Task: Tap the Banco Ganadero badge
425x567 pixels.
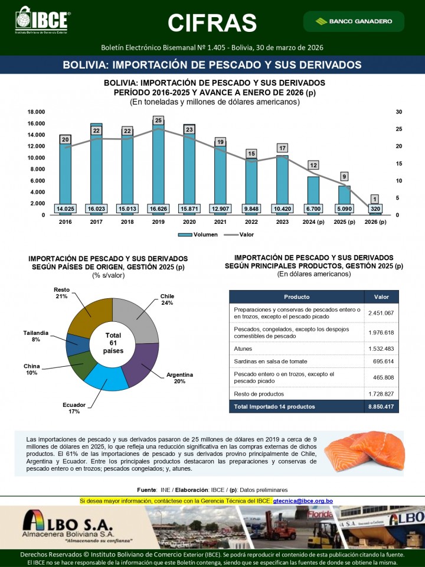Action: pyautogui.click(x=354, y=21)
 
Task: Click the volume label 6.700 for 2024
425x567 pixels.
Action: pyautogui.click(x=312, y=208)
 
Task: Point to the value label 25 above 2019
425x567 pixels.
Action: pyautogui.click(x=158, y=120)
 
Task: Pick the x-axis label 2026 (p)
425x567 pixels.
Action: pyautogui.click(x=374, y=222)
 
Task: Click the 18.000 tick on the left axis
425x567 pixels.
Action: pyautogui.click(x=37, y=112)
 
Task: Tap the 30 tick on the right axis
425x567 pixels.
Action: pyautogui.click(x=399, y=112)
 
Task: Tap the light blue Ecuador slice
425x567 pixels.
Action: pyautogui.click(x=106, y=377)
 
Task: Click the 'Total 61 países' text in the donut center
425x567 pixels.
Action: pyautogui.click(x=112, y=343)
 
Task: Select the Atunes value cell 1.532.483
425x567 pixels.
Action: pyautogui.click(x=381, y=348)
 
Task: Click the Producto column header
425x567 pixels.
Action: pyautogui.click(x=296, y=296)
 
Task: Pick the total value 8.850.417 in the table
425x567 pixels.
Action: pyautogui.click(x=381, y=407)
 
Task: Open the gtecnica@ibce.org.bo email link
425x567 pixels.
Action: pyautogui.click(x=303, y=501)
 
